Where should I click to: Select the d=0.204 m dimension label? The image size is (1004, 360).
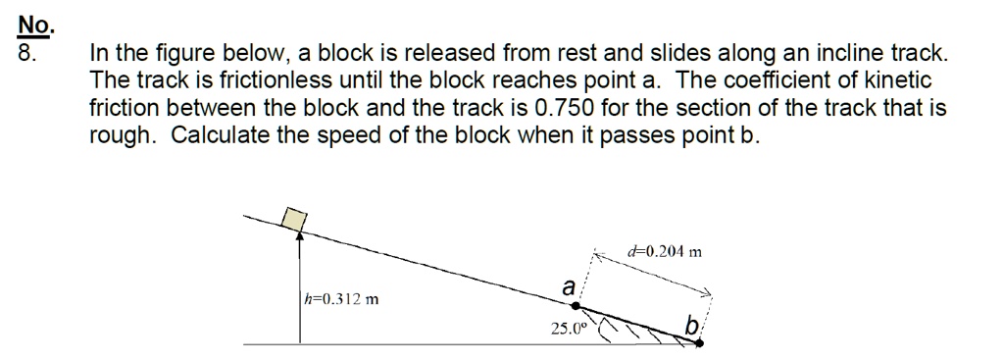tap(665, 252)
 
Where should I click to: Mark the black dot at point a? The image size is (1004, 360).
tap(577, 306)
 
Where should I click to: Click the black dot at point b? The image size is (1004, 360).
tap(700, 343)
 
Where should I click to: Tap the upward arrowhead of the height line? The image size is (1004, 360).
tap(300, 235)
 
